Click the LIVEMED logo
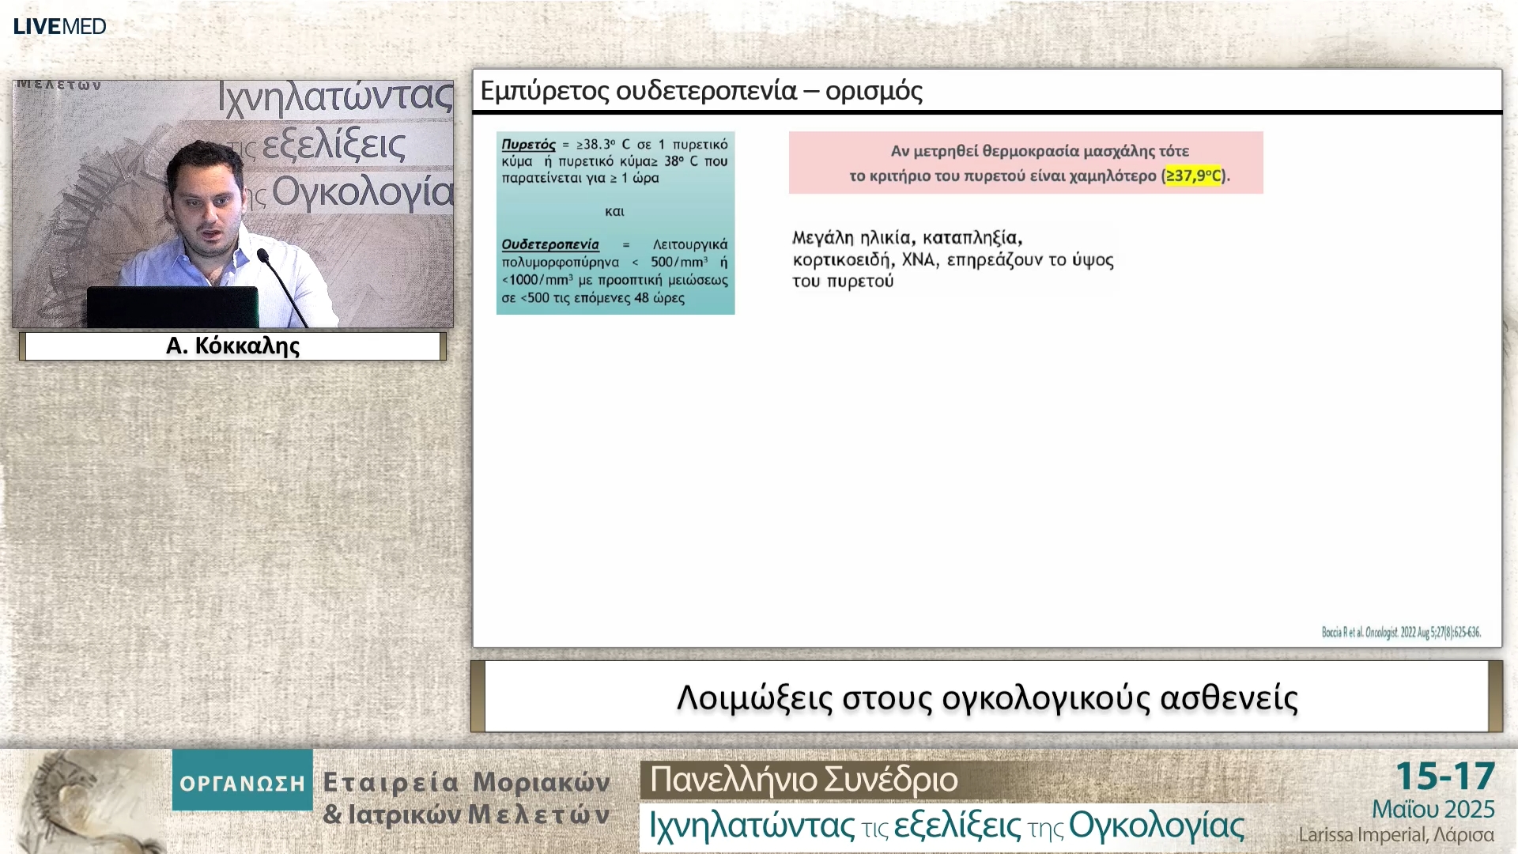pos(60,26)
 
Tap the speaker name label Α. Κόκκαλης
pos(232,346)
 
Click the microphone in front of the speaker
pos(264,256)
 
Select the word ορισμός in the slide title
pos(874,91)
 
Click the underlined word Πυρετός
pos(528,145)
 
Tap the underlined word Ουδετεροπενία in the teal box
pos(550,244)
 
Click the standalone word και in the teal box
pos(614,211)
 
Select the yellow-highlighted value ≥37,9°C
pos(1194,176)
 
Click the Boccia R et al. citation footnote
pos(1400,632)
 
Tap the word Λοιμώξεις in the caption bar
pos(754,697)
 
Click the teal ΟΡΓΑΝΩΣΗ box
pos(242,782)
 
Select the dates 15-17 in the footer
pos(1444,777)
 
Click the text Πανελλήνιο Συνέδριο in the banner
pos(803,780)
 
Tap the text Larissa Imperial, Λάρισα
pos(1395,835)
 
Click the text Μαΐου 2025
pos(1433,809)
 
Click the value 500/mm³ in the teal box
pos(678,262)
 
